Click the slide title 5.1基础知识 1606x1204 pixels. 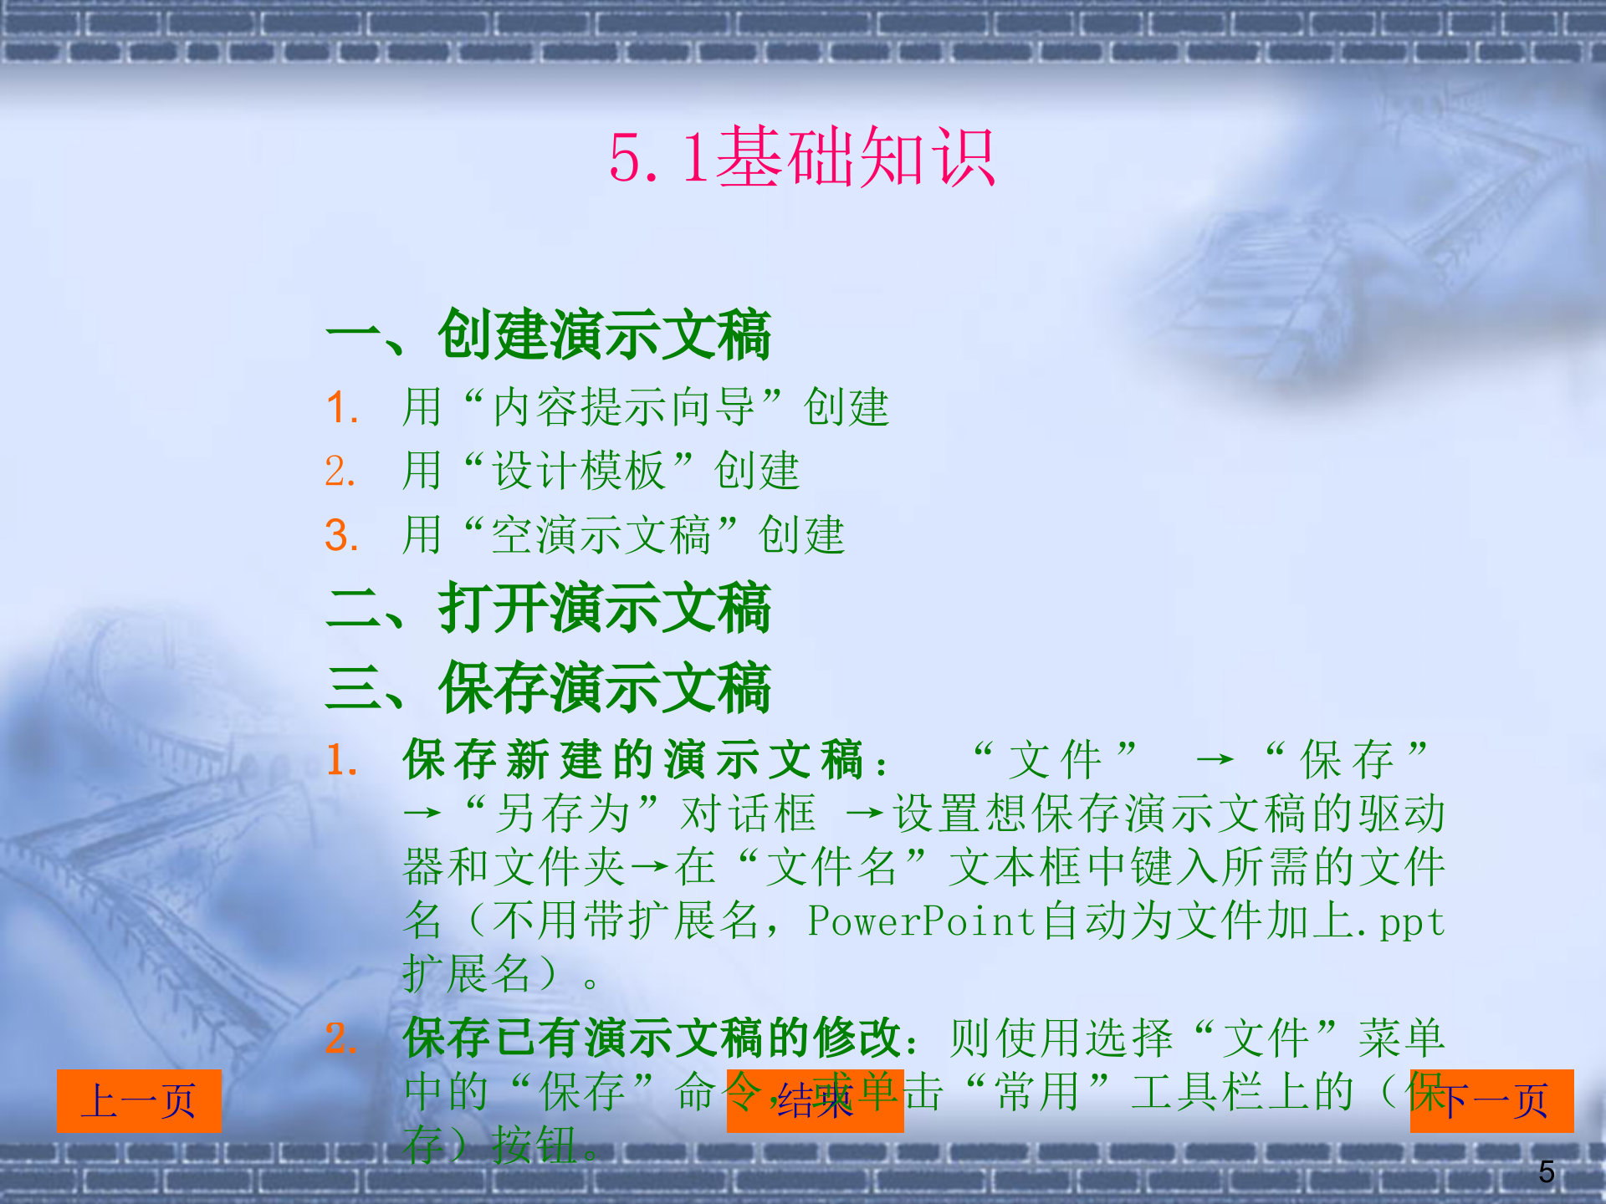(x=802, y=157)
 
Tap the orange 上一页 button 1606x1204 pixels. (x=139, y=1100)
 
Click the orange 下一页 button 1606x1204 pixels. (x=1492, y=1100)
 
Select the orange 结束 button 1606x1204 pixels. (x=815, y=1100)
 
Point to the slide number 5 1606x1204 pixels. (x=1547, y=1171)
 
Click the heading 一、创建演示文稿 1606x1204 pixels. (x=549, y=334)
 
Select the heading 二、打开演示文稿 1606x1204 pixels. (x=549, y=608)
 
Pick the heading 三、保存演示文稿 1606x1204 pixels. (x=549, y=688)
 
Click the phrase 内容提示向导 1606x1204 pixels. (x=623, y=407)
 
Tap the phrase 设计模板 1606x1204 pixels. (x=578, y=471)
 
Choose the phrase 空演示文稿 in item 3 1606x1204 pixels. (x=601, y=535)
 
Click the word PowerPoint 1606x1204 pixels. (x=922, y=921)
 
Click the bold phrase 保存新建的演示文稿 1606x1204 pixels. (x=632, y=760)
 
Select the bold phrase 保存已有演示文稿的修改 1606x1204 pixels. (x=652, y=1038)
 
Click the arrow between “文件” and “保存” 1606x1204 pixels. (x=1215, y=760)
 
